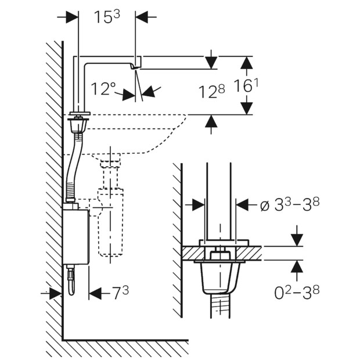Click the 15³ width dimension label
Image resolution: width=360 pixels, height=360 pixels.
click(x=107, y=17)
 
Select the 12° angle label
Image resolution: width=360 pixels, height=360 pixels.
click(x=103, y=89)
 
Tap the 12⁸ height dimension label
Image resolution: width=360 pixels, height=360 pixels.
click(x=212, y=91)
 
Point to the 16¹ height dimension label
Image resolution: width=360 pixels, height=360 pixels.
click(x=246, y=85)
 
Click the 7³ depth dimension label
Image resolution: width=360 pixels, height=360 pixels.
click(x=121, y=292)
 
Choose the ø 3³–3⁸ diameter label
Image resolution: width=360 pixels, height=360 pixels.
click(x=290, y=204)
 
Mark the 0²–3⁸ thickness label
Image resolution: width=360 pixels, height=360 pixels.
click(x=297, y=292)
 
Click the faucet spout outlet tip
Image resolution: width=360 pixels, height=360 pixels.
click(x=135, y=67)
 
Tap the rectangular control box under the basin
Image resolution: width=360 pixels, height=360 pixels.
click(x=75, y=236)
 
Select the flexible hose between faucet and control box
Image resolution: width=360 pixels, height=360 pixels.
click(x=74, y=168)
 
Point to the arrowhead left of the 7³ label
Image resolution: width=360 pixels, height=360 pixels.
click(x=95, y=293)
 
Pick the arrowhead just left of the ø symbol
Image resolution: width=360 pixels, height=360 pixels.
click(x=242, y=204)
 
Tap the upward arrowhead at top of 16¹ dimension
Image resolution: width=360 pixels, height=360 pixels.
click(x=247, y=63)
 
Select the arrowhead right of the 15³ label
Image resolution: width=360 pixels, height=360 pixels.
click(x=142, y=17)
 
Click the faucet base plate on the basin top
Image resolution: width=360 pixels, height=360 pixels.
click(x=80, y=113)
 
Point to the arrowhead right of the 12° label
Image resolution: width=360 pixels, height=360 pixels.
click(x=148, y=92)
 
